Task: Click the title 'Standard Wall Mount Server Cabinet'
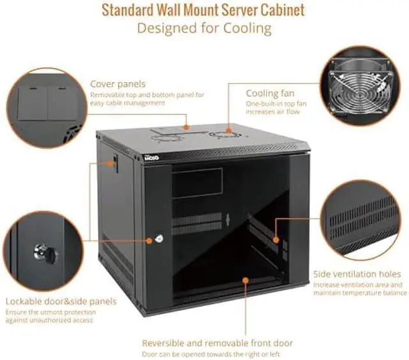[x=203, y=10]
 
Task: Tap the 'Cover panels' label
[x=118, y=84]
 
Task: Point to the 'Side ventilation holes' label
[x=357, y=274]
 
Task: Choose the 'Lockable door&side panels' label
[x=61, y=301]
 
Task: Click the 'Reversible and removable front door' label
[x=217, y=343]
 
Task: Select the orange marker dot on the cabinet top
[x=187, y=127]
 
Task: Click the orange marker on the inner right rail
[x=275, y=240]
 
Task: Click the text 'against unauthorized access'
[x=50, y=320]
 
